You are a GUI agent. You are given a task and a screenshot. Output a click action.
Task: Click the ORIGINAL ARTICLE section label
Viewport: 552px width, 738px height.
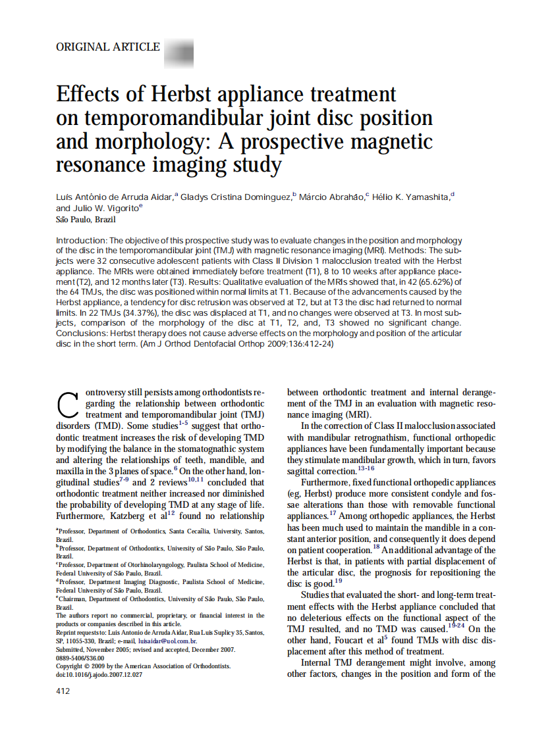(x=108, y=47)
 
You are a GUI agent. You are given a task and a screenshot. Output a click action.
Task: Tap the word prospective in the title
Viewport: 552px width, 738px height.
(x=304, y=141)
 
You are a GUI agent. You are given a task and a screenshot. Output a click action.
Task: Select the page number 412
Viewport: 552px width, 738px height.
(x=63, y=691)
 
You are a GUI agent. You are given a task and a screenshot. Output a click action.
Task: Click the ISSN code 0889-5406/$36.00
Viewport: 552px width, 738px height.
(x=80, y=657)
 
